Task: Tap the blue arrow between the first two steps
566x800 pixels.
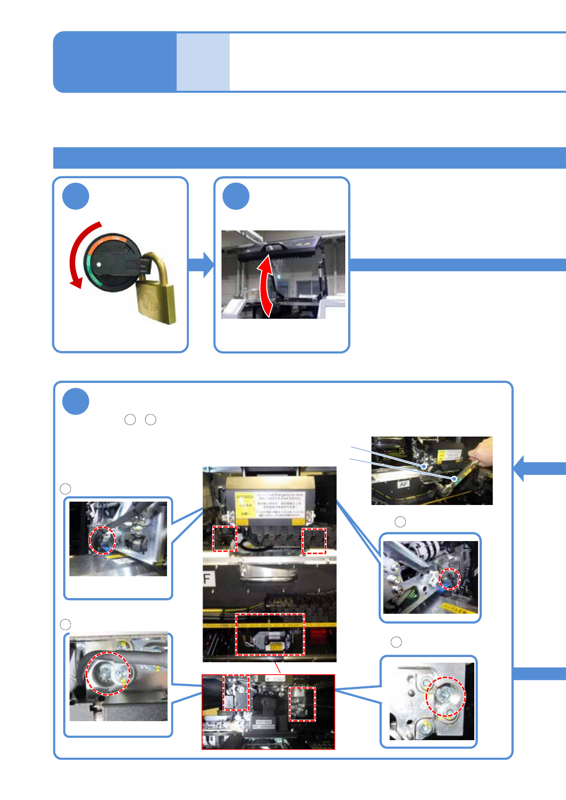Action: coord(201,265)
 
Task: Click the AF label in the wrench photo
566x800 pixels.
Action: coord(403,484)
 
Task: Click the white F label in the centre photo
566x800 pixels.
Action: coord(207,579)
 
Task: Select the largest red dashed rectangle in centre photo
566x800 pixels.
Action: coord(270,635)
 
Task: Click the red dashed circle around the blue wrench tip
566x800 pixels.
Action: coord(449,579)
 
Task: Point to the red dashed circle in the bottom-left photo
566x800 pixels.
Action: coord(107,673)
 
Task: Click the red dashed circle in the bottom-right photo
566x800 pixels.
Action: coord(445,696)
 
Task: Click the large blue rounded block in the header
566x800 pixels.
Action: coord(115,62)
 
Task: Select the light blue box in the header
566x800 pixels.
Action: coord(203,62)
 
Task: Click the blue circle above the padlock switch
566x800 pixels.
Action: coord(76,196)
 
